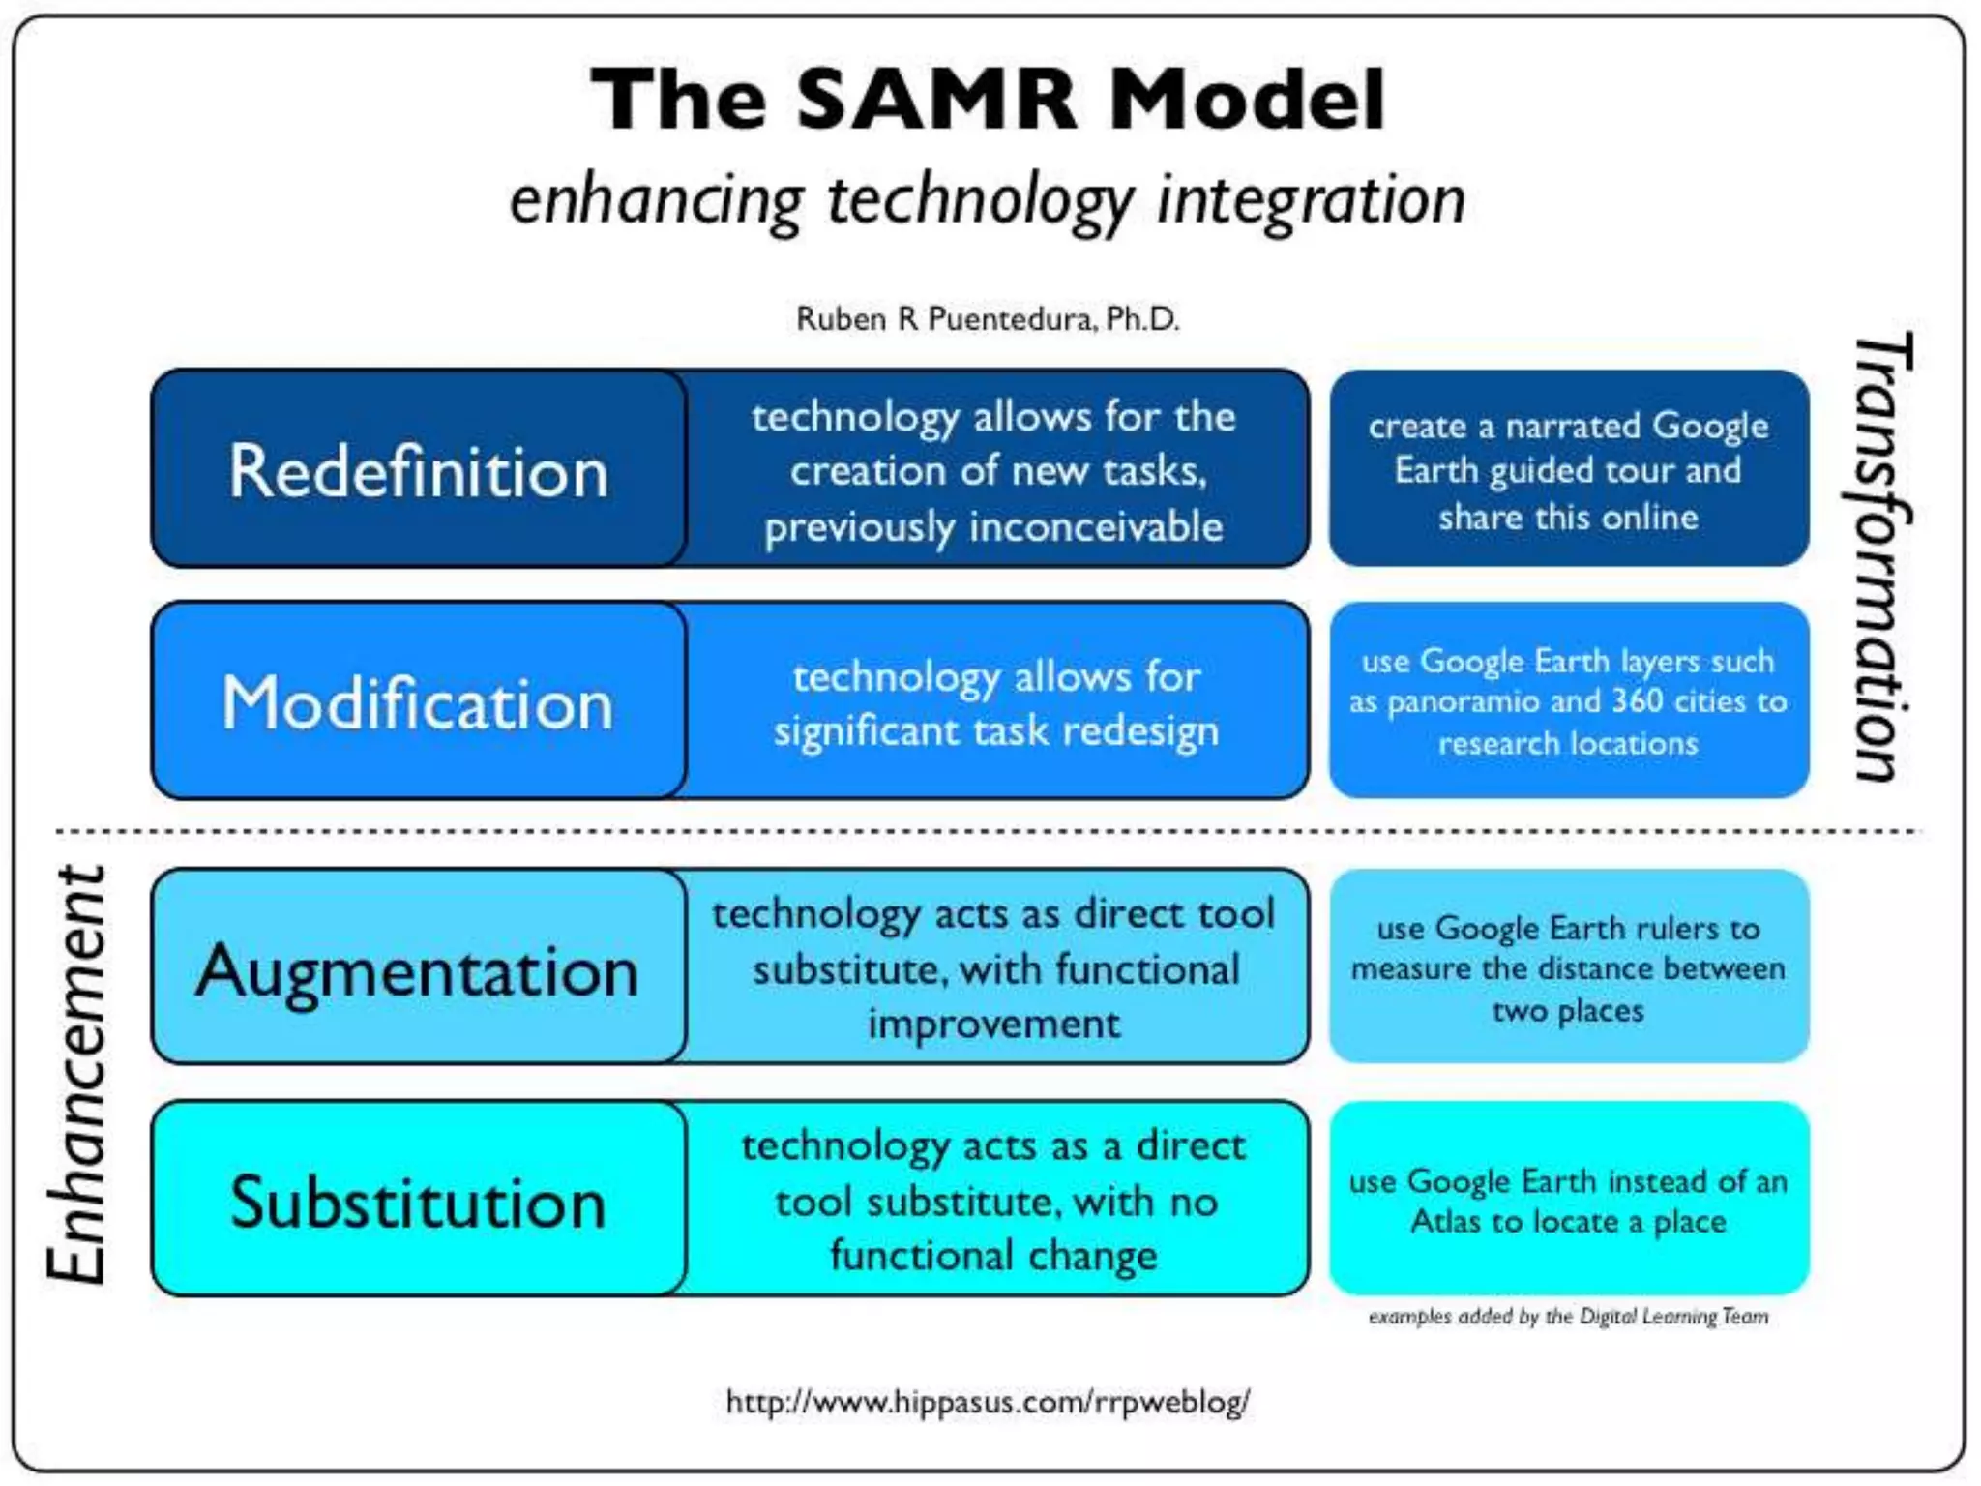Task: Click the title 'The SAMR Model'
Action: tap(988, 99)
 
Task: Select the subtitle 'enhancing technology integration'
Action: tap(988, 200)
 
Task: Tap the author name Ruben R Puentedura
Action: tap(988, 318)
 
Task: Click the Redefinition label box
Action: tap(419, 470)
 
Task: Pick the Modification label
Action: tap(419, 702)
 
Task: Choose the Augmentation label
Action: tap(419, 969)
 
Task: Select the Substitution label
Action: tap(419, 1202)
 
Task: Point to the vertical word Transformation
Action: tap(1881, 556)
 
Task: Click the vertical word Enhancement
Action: tap(77, 1074)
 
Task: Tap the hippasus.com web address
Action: tap(988, 1401)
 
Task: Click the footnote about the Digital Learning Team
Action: tap(1568, 1317)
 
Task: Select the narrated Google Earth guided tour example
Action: tap(1568, 470)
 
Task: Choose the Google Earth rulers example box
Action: tap(1568, 967)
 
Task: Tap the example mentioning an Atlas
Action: tap(1568, 1201)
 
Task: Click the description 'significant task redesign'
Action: tap(995, 730)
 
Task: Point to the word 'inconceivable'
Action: tap(1096, 527)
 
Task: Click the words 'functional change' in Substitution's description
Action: tap(993, 1256)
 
